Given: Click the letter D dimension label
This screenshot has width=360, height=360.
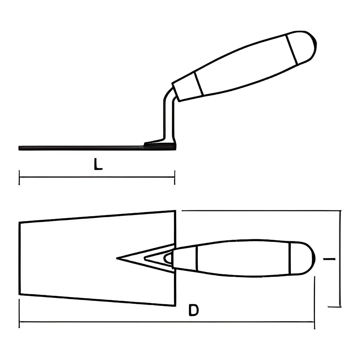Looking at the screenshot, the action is pyautogui.click(x=193, y=310).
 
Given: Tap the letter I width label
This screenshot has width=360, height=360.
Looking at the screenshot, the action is pyautogui.click(x=329, y=259).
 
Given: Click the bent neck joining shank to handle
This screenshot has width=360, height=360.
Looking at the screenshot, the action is pyautogui.click(x=169, y=94).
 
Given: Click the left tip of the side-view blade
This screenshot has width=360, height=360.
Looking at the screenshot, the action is pyautogui.click(x=19, y=148).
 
